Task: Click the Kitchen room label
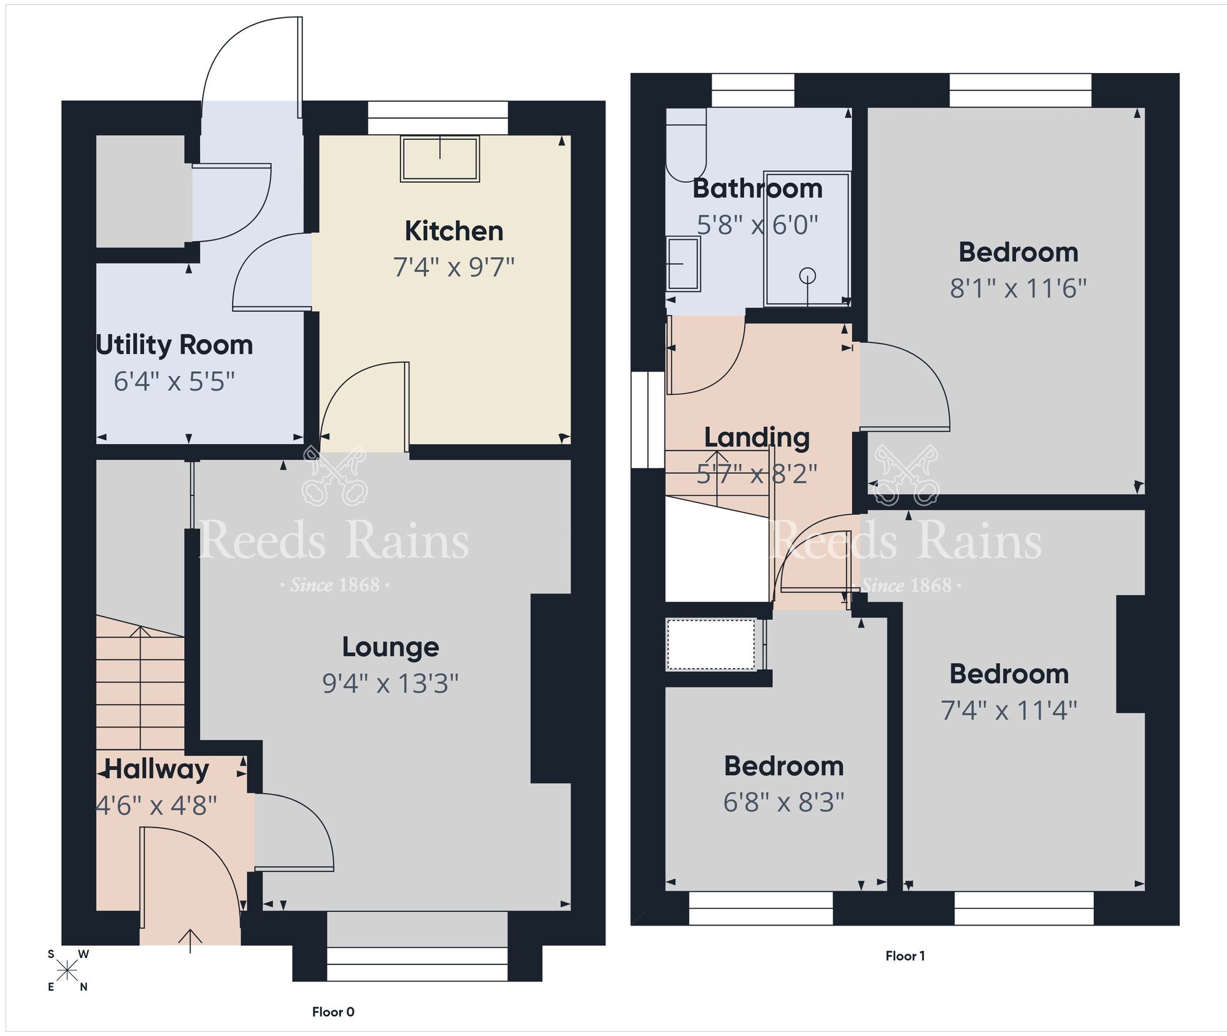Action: point(454,231)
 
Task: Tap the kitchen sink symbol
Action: point(439,159)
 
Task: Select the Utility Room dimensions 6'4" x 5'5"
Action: point(174,382)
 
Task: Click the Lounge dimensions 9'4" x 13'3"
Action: point(390,683)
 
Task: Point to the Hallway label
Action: point(157,769)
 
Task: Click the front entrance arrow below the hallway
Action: point(191,940)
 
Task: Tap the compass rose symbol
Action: point(67,970)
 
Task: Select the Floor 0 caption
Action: point(333,1012)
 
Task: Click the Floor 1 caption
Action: point(905,956)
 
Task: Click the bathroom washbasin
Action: point(683,264)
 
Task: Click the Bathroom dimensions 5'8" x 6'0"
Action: point(757,225)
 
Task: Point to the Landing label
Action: point(756,437)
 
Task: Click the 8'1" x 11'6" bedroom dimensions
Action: point(1018,288)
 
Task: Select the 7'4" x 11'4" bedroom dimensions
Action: point(1009,710)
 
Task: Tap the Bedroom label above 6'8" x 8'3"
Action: point(783,766)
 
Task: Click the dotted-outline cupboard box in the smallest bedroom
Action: point(711,645)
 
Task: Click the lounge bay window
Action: point(417,964)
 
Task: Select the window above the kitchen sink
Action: point(438,118)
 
